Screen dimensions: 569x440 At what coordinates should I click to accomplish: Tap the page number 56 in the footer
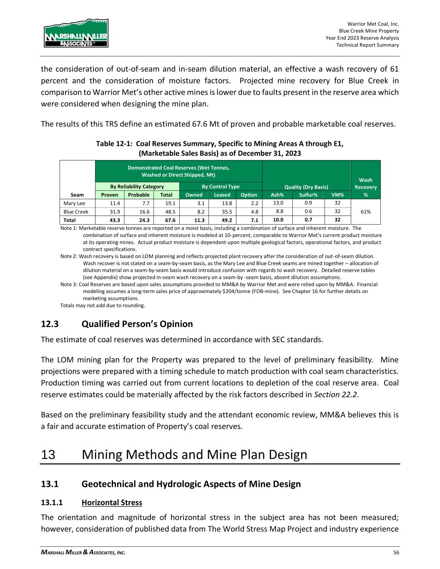click(396, 552)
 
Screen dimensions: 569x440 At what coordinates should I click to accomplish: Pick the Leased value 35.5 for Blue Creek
click(222, 212)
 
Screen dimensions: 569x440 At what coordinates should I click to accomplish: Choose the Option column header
click(249, 195)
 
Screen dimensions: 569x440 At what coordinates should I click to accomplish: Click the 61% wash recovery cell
click(365, 212)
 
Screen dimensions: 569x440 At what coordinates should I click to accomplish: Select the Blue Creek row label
click(76, 212)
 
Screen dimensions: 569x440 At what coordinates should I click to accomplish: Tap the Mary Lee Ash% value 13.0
click(277, 203)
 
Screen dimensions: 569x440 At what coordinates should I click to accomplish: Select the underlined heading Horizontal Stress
click(112, 502)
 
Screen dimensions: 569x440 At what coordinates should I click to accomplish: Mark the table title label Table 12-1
click(114, 144)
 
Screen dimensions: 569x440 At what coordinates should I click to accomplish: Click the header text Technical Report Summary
click(367, 45)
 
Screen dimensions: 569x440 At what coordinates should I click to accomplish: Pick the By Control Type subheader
click(221, 187)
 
